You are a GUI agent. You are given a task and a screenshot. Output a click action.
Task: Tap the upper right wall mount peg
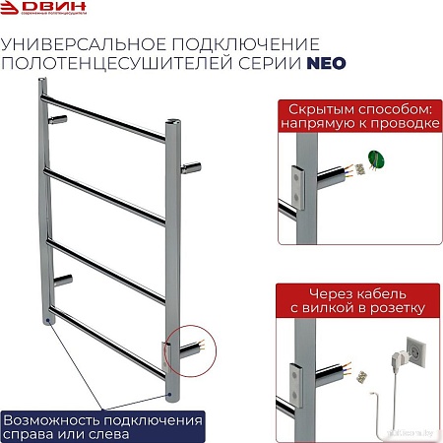click(191, 164)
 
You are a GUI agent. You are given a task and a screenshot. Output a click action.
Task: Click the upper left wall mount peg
click(59, 119)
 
